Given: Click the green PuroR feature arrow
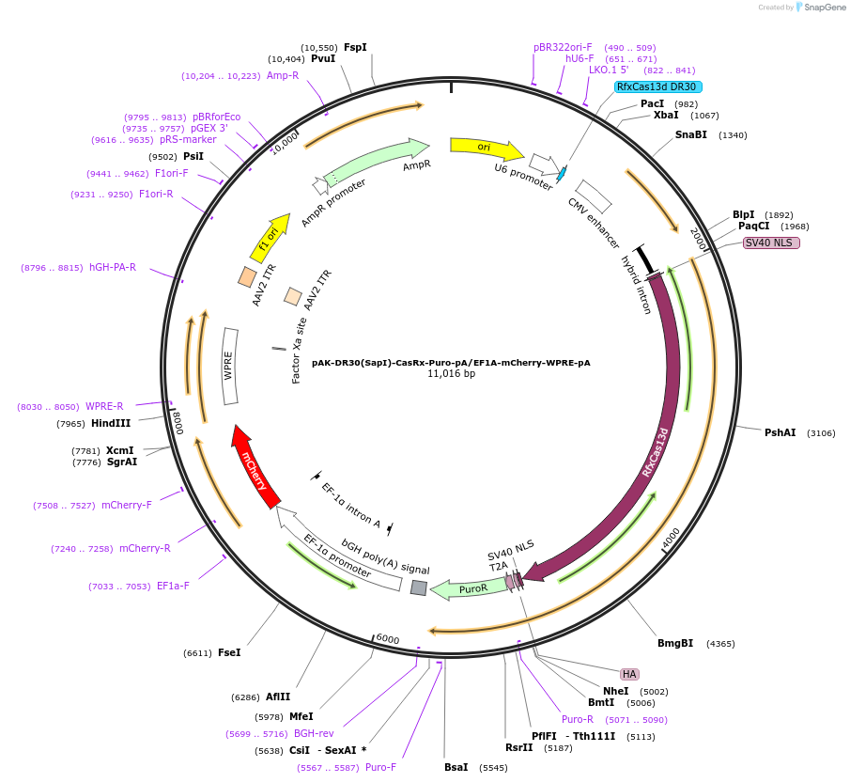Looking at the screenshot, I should (x=467, y=589).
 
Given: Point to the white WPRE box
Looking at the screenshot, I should (x=231, y=367).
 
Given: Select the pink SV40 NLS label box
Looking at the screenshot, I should (x=771, y=243).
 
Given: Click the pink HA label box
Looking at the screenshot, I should (x=629, y=674).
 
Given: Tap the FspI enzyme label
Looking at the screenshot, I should (x=355, y=47).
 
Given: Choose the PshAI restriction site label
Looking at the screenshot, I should (x=780, y=432).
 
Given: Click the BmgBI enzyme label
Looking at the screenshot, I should (x=675, y=643).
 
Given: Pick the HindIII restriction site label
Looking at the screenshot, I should (x=111, y=423).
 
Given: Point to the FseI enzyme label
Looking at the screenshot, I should (x=229, y=652).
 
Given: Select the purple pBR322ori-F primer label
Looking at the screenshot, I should (x=563, y=47).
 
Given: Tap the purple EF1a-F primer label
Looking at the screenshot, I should (x=173, y=586).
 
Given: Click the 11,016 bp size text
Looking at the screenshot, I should (x=451, y=373).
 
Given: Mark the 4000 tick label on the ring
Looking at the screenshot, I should (x=670, y=537).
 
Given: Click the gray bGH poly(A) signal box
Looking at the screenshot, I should (x=419, y=587).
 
